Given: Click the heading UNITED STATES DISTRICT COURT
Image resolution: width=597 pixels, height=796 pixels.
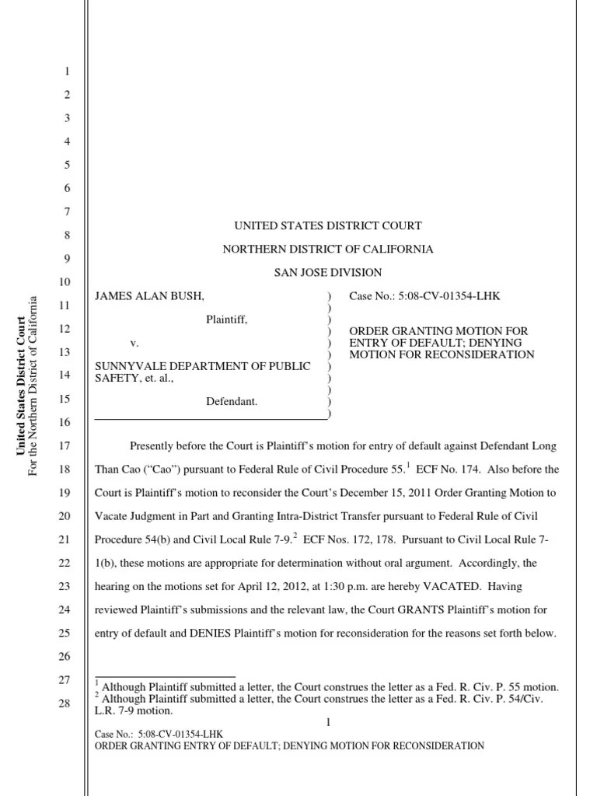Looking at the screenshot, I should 328,225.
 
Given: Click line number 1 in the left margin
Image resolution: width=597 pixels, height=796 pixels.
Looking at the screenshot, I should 68,72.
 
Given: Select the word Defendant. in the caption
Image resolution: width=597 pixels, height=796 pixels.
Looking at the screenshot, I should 232,401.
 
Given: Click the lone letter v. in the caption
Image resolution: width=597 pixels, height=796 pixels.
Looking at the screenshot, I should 134,343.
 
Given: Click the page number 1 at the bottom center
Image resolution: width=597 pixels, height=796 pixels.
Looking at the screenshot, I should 328,723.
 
